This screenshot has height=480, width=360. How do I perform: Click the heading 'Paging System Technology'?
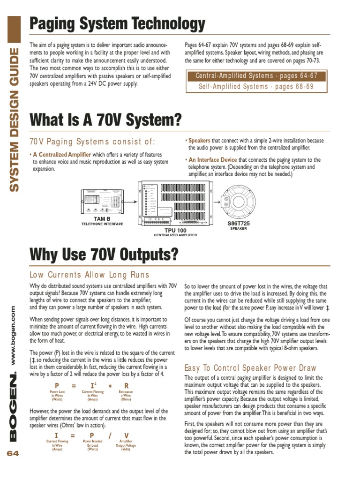coord(117,23)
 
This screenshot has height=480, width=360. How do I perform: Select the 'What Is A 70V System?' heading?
coord(105,120)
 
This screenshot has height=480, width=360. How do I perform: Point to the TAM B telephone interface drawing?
coord(102,200)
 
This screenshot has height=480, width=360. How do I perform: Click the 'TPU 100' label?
coord(175,230)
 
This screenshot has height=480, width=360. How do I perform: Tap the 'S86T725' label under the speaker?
coord(238,224)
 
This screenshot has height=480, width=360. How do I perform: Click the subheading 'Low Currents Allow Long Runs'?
coord(89,275)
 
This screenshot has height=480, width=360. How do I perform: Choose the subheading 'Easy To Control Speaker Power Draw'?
coord(250,368)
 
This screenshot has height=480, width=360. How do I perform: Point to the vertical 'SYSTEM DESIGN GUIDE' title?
coord(15,120)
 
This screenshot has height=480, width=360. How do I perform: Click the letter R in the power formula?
coord(126,386)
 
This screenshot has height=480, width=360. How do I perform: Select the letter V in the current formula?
coord(126,435)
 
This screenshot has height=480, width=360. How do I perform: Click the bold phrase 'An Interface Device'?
coord(213,160)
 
